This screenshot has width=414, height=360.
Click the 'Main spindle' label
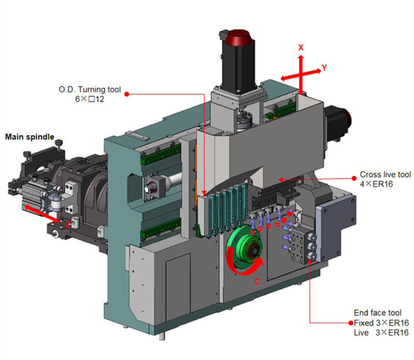click(x=29, y=137)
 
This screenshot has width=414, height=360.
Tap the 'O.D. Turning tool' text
click(x=90, y=89)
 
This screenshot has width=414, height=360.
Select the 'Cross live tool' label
click(x=386, y=174)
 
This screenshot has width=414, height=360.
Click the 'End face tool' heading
click(x=378, y=313)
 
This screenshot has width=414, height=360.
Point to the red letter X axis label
click(x=301, y=48)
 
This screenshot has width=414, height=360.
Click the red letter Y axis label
click(x=324, y=68)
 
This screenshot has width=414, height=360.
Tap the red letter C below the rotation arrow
click(x=257, y=281)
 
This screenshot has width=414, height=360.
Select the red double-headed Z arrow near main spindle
click(x=42, y=214)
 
